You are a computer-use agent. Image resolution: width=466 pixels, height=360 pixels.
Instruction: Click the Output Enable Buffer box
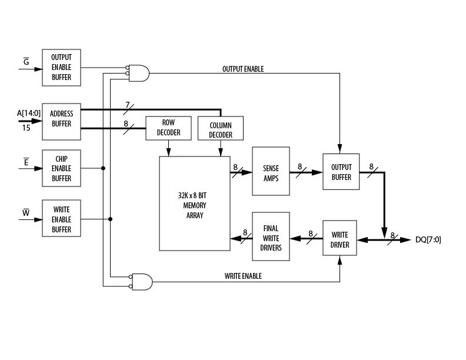coord(62,68)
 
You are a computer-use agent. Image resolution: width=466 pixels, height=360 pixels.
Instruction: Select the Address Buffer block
coord(62,122)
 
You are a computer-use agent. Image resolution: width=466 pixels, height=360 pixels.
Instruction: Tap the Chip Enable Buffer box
coord(62,168)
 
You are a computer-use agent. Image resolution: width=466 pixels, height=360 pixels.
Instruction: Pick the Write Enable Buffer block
coord(62,218)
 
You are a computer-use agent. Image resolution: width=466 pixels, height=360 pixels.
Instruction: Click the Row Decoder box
coord(168,128)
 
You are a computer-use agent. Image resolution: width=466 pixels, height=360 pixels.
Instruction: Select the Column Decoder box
coord(221,128)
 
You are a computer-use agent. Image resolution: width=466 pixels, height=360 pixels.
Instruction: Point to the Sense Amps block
coord(271,171)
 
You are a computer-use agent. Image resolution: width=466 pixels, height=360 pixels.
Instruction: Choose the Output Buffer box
coord(341,172)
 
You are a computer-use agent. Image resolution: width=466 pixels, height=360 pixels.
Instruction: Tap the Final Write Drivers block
coord(271,236)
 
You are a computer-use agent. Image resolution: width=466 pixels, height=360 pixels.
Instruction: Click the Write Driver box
coord(339,238)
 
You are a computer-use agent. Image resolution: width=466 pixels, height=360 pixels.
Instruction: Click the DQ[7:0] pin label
coord(428,239)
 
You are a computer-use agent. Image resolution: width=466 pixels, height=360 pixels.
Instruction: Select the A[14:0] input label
coord(28,113)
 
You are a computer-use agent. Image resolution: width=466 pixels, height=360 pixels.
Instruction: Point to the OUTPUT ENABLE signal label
coord(243,69)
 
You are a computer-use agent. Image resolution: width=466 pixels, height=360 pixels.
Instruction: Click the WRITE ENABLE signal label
coord(243,276)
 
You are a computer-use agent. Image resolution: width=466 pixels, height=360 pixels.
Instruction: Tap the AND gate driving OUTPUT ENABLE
coord(138,73)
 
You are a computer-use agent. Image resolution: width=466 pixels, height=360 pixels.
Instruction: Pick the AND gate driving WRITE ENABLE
coord(141,282)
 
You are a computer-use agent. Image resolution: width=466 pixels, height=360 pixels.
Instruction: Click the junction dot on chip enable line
coord(103,168)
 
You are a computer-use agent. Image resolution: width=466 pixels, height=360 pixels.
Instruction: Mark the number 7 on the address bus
coord(128,105)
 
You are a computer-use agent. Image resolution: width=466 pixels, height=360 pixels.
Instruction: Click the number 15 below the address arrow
coord(26,128)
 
